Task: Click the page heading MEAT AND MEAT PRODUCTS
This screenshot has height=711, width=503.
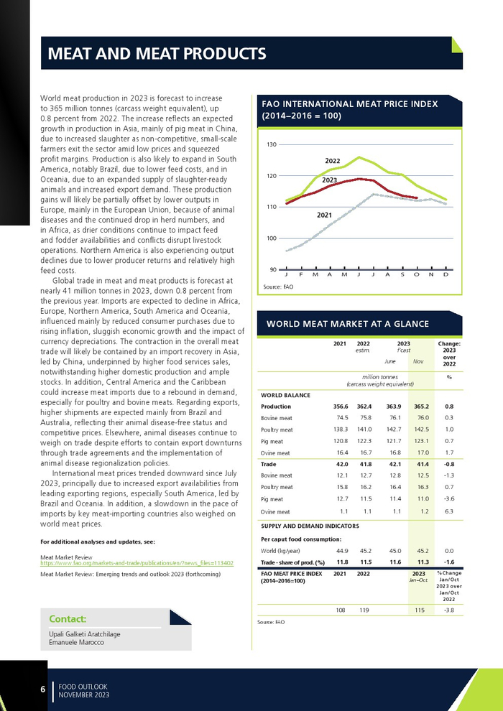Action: (157, 54)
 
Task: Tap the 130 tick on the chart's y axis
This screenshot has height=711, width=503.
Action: (272, 145)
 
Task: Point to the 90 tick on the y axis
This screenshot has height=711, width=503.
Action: (273, 270)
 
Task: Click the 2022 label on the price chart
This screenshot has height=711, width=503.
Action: (332, 160)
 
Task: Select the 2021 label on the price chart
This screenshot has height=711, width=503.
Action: (325, 215)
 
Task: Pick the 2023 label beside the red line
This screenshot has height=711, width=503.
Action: (329, 180)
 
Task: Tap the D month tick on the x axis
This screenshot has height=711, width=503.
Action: (446, 275)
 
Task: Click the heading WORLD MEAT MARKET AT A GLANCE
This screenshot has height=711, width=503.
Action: (348, 324)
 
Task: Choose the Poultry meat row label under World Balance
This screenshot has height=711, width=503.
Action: (277, 429)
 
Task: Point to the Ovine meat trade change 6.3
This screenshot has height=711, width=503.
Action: (449, 511)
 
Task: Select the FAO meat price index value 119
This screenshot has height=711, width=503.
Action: (364, 610)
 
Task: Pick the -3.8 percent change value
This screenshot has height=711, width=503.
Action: (449, 610)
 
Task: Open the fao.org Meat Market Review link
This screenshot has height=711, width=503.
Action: (137, 564)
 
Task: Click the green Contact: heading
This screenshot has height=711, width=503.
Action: (68, 619)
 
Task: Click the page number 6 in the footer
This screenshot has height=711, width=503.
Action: (42, 690)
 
